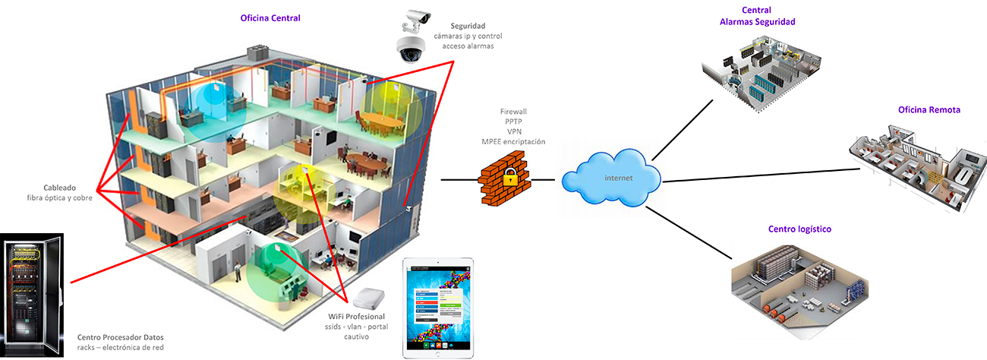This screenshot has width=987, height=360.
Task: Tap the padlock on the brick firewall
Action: (x=509, y=181)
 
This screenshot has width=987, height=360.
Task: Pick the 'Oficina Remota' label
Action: (x=929, y=110)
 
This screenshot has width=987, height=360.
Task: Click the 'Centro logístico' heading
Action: (x=799, y=229)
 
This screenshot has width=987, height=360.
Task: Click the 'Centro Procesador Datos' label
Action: (x=120, y=336)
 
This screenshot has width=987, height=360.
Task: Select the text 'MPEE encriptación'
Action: (x=513, y=141)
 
